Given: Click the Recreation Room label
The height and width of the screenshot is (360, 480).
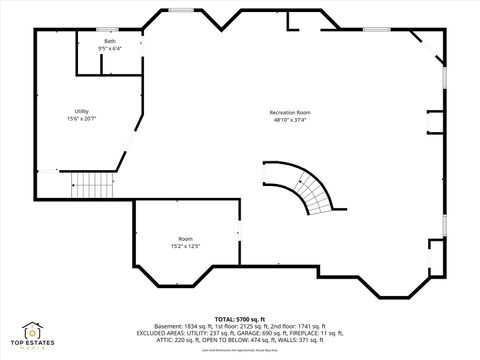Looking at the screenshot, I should (x=290, y=112).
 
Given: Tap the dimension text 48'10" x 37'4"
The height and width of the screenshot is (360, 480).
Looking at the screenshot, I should (x=290, y=120).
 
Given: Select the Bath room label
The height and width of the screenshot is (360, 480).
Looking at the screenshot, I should (x=110, y=41).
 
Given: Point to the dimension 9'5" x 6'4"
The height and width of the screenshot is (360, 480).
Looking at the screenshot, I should (x=110, y=48).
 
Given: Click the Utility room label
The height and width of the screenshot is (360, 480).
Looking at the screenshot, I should (x=82, y=111).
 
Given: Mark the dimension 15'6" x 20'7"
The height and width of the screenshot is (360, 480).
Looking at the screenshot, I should (x=82, y=119).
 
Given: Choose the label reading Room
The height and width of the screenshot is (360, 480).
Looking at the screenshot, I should (x=185, y=239).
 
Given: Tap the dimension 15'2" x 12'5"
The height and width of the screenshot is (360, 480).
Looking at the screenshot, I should (x=185, y=246).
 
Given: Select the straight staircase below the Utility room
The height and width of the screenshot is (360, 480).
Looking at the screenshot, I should (x=94, y=185).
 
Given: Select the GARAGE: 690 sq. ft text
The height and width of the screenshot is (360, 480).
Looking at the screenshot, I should (x=260, y=333).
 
